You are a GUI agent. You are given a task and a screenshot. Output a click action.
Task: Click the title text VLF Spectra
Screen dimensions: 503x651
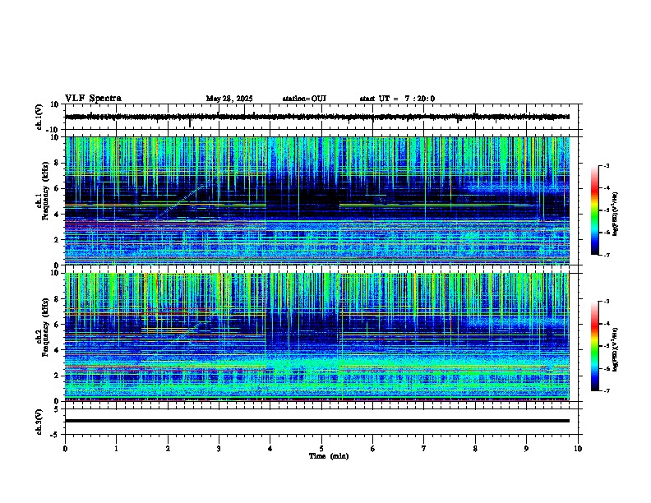click(93, 99)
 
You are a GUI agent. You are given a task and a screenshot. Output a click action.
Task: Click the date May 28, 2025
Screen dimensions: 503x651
click(229, 99)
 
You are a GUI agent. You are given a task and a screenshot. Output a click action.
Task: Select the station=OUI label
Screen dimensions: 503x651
click(304, 99)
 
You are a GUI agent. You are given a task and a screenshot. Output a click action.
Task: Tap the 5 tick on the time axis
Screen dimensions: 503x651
click(321, 448)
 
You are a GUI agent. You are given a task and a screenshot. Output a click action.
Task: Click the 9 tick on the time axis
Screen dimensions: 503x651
click(527, 448)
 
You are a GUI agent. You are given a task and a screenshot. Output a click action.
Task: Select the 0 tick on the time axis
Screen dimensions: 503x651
click(65, 448)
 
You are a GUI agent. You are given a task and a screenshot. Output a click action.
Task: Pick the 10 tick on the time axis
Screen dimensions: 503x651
click(578, 448)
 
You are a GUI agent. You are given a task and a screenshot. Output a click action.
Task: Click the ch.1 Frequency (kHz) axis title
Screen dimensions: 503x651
click(40, 202)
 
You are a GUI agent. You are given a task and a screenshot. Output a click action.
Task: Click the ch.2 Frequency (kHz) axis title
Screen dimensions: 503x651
click(40, 337)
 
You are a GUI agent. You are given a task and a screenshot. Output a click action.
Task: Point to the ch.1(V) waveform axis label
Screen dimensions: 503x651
click(40, 117)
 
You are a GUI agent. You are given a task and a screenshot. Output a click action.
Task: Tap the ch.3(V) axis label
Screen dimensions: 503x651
click(40, 421)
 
